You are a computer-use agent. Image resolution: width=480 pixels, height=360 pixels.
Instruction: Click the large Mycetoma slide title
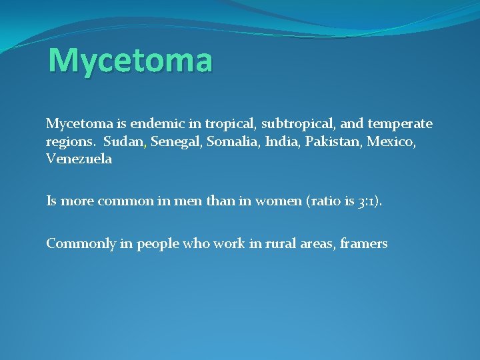point(131,60)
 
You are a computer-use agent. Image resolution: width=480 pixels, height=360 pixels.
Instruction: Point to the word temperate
point(399,124)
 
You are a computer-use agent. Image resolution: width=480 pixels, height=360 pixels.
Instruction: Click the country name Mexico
point(389,141)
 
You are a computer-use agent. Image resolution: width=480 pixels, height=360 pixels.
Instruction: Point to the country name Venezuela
point(79,159)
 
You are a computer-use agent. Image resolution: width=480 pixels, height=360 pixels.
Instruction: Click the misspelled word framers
point(363,244)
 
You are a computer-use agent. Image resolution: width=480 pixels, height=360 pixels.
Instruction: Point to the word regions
point(70,142)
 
